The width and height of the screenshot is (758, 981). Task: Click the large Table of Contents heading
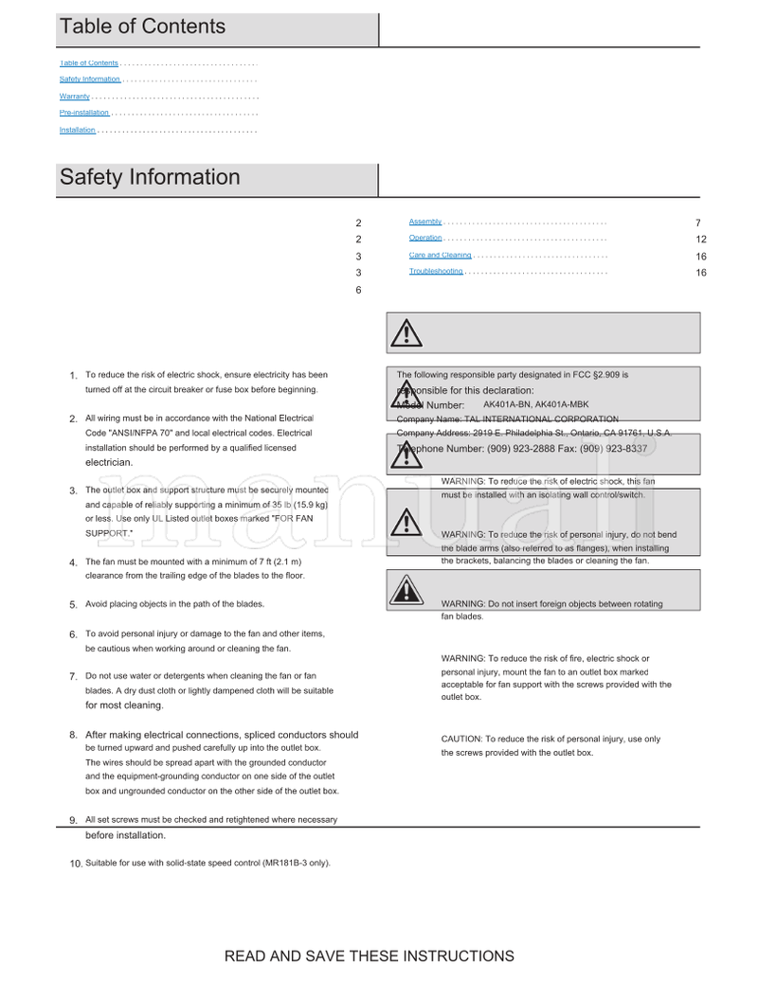pos(143,27)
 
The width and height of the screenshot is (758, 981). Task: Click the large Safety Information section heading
pos(150,177)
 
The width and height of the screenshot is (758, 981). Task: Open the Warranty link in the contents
pos(75,97)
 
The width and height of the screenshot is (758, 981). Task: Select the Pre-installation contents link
pos(84,113)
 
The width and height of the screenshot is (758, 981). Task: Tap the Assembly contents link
pos(425,222)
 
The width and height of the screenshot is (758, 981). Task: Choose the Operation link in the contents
pos(425,239)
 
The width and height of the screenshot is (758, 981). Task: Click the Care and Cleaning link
pos(440,256)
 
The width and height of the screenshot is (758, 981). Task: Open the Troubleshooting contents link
pos(436,272)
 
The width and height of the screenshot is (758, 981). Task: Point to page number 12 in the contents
pos(701,240)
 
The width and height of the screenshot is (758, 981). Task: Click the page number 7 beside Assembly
pos(698,223)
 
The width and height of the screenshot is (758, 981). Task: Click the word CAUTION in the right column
pos(461,740)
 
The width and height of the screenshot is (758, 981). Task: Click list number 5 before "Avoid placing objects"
pos(73,605)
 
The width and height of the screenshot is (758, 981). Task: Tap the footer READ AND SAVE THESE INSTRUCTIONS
pos(369,956)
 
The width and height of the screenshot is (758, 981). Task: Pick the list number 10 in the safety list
pos(76,864)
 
